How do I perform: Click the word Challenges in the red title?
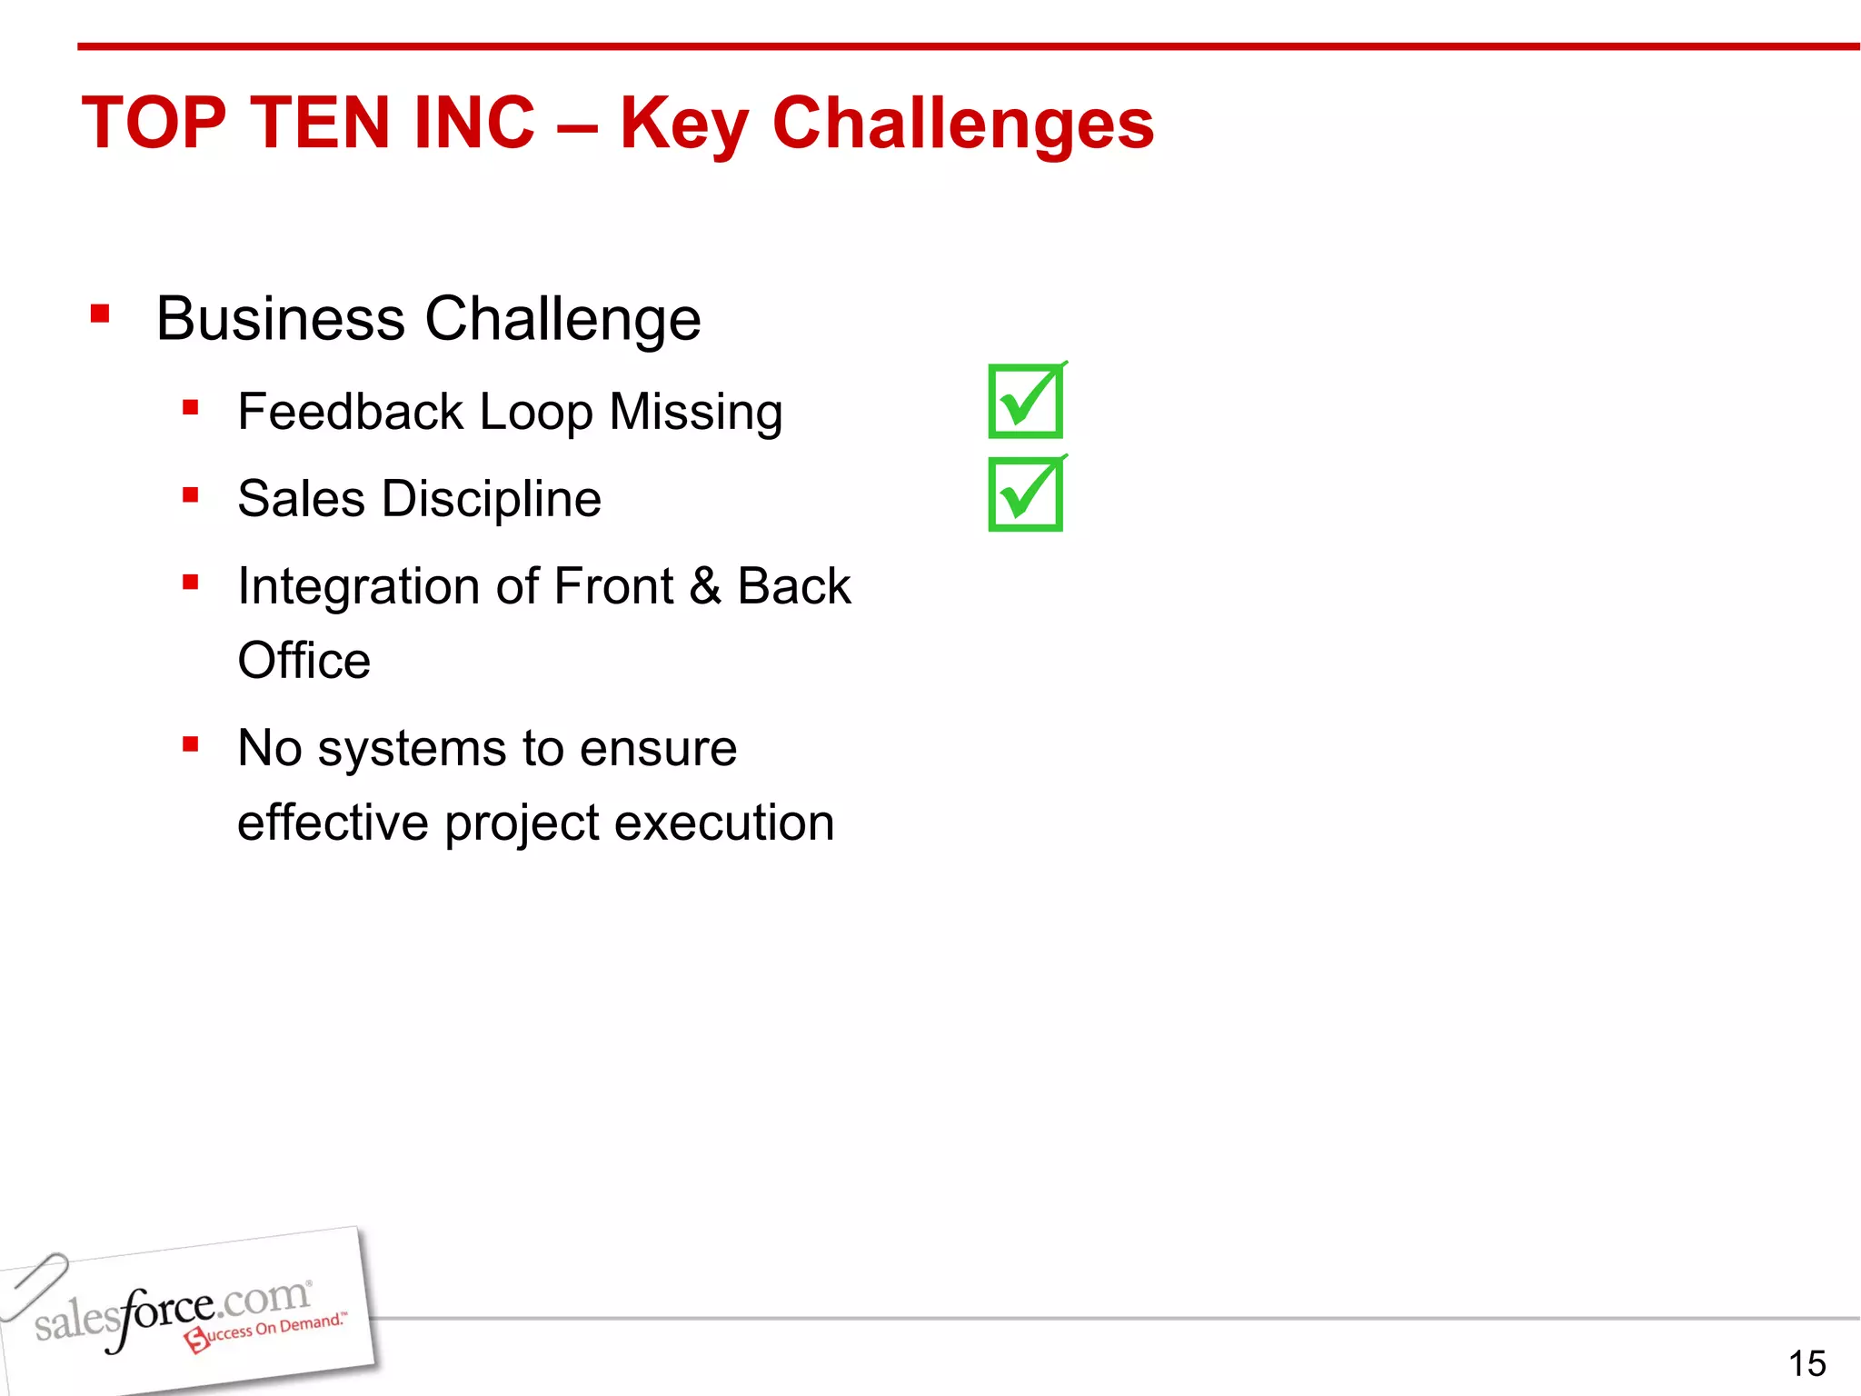[x=962, y=124]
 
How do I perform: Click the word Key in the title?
[x=683, y=125]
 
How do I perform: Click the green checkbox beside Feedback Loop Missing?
[x=1026, y=401]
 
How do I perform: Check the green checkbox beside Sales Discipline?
[x=1026, y=494]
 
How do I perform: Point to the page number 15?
[x=1806, y=1363]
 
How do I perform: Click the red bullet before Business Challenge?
[x=100, y=314]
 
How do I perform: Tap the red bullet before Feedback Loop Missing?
[x=190, y=407]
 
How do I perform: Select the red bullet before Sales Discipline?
[x=190, y=495]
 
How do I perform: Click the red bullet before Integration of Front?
[x=190, y=582]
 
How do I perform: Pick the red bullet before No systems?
[x=190, y=745]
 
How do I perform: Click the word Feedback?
[x=350, y=412]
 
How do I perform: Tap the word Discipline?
[x=492, y=499]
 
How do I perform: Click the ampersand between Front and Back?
[x=705, y=586]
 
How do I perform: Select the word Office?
[x=304, y=661]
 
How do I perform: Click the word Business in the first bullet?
[x=280, y=319]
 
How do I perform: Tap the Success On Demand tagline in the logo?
[x=268, y=1331]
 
